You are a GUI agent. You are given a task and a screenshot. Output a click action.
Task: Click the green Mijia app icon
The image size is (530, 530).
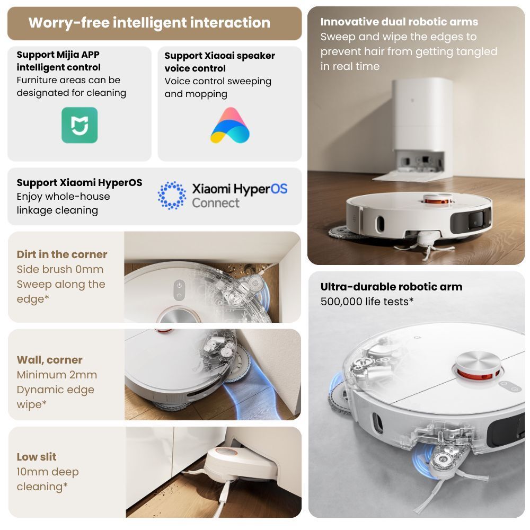[79, 125]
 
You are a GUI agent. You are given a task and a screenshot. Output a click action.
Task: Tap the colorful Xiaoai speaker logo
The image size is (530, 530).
[230, 125]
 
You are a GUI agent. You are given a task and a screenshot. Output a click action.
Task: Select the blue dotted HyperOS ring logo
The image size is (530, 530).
[172, 196]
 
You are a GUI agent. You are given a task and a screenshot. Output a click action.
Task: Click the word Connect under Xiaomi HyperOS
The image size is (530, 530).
[216, 203]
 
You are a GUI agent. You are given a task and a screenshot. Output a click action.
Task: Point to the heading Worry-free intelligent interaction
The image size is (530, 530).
[149, 23]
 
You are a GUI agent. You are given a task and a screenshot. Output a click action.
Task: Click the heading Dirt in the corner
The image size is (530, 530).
[62, 254]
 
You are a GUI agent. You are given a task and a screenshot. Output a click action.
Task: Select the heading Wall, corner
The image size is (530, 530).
[50, 360]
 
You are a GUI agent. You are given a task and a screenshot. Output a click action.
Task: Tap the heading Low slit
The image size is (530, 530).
[37, 457]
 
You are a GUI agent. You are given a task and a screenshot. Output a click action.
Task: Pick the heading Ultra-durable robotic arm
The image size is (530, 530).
[392, 287]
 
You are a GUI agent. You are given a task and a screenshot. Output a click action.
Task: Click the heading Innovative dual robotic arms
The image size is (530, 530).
[399, 22]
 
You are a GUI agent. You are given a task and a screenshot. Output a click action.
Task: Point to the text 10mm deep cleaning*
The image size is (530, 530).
[48, 479]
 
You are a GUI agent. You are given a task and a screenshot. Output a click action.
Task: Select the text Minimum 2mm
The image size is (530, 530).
[57, 375]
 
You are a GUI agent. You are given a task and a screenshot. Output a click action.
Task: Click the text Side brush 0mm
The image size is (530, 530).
[60, 269]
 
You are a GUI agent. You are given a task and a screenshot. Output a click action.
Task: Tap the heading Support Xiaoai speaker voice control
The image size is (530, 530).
[220, 62]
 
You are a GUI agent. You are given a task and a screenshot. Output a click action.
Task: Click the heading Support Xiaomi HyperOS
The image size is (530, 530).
[79, 182]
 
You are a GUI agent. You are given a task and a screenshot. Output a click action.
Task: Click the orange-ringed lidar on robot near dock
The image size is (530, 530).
[438, 199]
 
